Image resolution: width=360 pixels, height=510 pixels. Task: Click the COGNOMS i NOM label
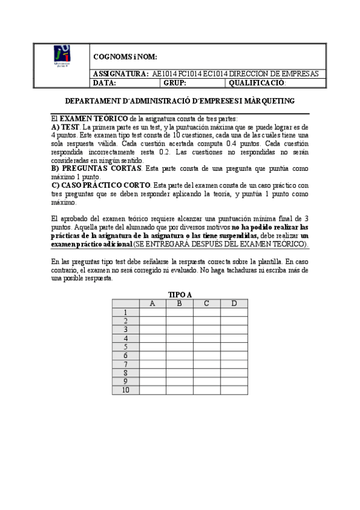coord(125,57)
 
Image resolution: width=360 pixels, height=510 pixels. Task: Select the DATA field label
coord(104,83)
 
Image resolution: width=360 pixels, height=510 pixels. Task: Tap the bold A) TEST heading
coord(61,127)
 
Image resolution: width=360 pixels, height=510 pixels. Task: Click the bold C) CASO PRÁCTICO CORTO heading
coord(102,185)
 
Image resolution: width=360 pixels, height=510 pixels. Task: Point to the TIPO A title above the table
coord(180,294)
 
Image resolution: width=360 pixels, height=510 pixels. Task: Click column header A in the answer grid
coord(153,303)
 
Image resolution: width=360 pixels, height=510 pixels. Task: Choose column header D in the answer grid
coord(234,303)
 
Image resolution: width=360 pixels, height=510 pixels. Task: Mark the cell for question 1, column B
coord(180,312)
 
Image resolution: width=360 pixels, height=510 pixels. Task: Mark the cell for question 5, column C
coord(207,347)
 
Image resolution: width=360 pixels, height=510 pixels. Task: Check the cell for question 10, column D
coord(234,390)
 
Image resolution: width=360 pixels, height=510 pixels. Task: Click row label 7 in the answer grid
coord(126,364)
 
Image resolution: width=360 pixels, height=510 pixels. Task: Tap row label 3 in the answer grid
coord(126,330)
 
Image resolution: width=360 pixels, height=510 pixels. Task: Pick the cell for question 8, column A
coord(153,373)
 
